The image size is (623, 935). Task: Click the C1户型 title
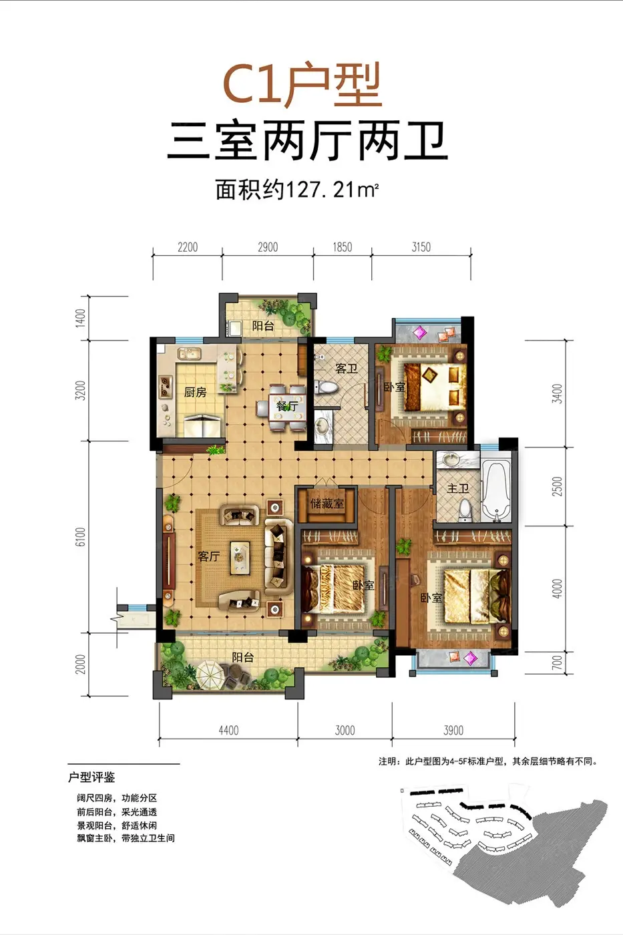click(x=302, y=85)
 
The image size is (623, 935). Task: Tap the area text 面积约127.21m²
click(x=296, y=190)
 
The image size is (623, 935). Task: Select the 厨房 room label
click(x=195, y=392)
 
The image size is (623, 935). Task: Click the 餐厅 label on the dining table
click(x=287, y=405)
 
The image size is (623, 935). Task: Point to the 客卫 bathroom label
click(x=347, y=368)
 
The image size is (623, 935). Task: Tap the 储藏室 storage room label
click(x=327, y=504)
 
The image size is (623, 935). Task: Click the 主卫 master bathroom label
click(x=458, y=488)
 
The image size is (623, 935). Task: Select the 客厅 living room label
click(x=208, y=556)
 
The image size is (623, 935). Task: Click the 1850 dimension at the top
click(x=342, y=247)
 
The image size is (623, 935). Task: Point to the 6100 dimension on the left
click(x=81, y=537)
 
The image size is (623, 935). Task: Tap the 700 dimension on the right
click(x=557, y=663)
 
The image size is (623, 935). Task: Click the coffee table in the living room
click(x=240, y=557)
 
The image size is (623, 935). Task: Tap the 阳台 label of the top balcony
click(x=263, y=326)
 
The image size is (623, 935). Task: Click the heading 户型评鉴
click(x=91, y=777)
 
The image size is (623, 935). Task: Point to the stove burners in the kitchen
click(x=166, y=386)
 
